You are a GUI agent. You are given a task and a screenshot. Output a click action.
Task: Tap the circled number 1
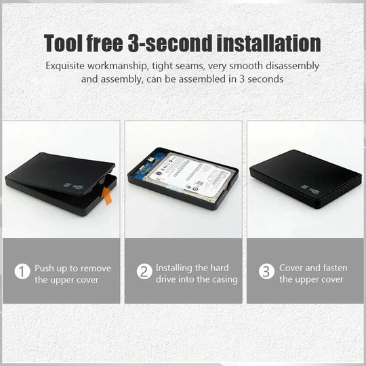(22, 271)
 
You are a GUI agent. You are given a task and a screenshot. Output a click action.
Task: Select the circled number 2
(144, 271)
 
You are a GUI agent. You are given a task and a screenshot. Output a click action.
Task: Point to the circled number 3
(266, 271)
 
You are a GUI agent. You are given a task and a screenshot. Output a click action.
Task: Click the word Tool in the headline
(64, 43)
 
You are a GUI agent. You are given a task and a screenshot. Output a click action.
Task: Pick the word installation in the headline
(268, 43)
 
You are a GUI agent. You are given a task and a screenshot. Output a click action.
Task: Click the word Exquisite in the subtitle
(65, 66)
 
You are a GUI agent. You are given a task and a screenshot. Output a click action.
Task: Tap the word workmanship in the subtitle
(118, 66)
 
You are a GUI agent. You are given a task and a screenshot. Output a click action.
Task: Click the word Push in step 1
(45, 268)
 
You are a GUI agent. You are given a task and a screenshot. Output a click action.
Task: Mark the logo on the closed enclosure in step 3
(310, 189)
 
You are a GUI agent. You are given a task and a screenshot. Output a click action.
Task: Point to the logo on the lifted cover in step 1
(73, 186)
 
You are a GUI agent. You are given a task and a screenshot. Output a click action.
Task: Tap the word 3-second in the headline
(170, 43)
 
